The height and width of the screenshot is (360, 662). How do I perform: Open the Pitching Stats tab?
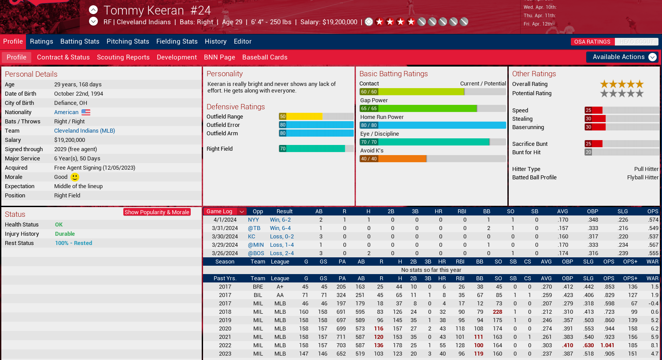tap(128, 41)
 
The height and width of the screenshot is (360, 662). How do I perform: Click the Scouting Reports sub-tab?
tap(123, 57)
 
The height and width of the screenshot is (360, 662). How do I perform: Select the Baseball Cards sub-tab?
tap(265, 57)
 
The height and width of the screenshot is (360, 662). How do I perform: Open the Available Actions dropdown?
tap(622, 57)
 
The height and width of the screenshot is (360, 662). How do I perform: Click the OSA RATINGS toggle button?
tap(592, 42)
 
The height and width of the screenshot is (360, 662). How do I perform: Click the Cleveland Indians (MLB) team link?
tap(84, 131)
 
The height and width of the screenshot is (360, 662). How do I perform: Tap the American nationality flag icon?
tap(86, 112)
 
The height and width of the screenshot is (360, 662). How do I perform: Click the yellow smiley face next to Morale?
tap(75, 177)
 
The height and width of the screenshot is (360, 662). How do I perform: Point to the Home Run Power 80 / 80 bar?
tap(433, 125)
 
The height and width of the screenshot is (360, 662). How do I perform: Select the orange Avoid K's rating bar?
tap(393, 159)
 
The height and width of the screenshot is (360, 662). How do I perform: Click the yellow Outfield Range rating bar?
tap(301, 117)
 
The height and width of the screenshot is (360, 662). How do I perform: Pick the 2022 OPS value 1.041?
tap(607, 345)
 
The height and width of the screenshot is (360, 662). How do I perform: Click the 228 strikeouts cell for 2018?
tap(497, 312)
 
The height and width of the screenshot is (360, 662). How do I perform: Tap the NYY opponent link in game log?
tap(253, 220)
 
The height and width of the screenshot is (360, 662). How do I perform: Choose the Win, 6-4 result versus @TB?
tap(280, 228)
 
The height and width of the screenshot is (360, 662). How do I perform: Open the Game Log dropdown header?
tap(225, 212)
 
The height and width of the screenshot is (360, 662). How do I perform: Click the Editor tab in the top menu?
tap(242, 41)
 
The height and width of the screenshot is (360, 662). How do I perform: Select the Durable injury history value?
tap(65, 234)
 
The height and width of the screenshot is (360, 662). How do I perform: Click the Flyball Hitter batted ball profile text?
tap(643, 178)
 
